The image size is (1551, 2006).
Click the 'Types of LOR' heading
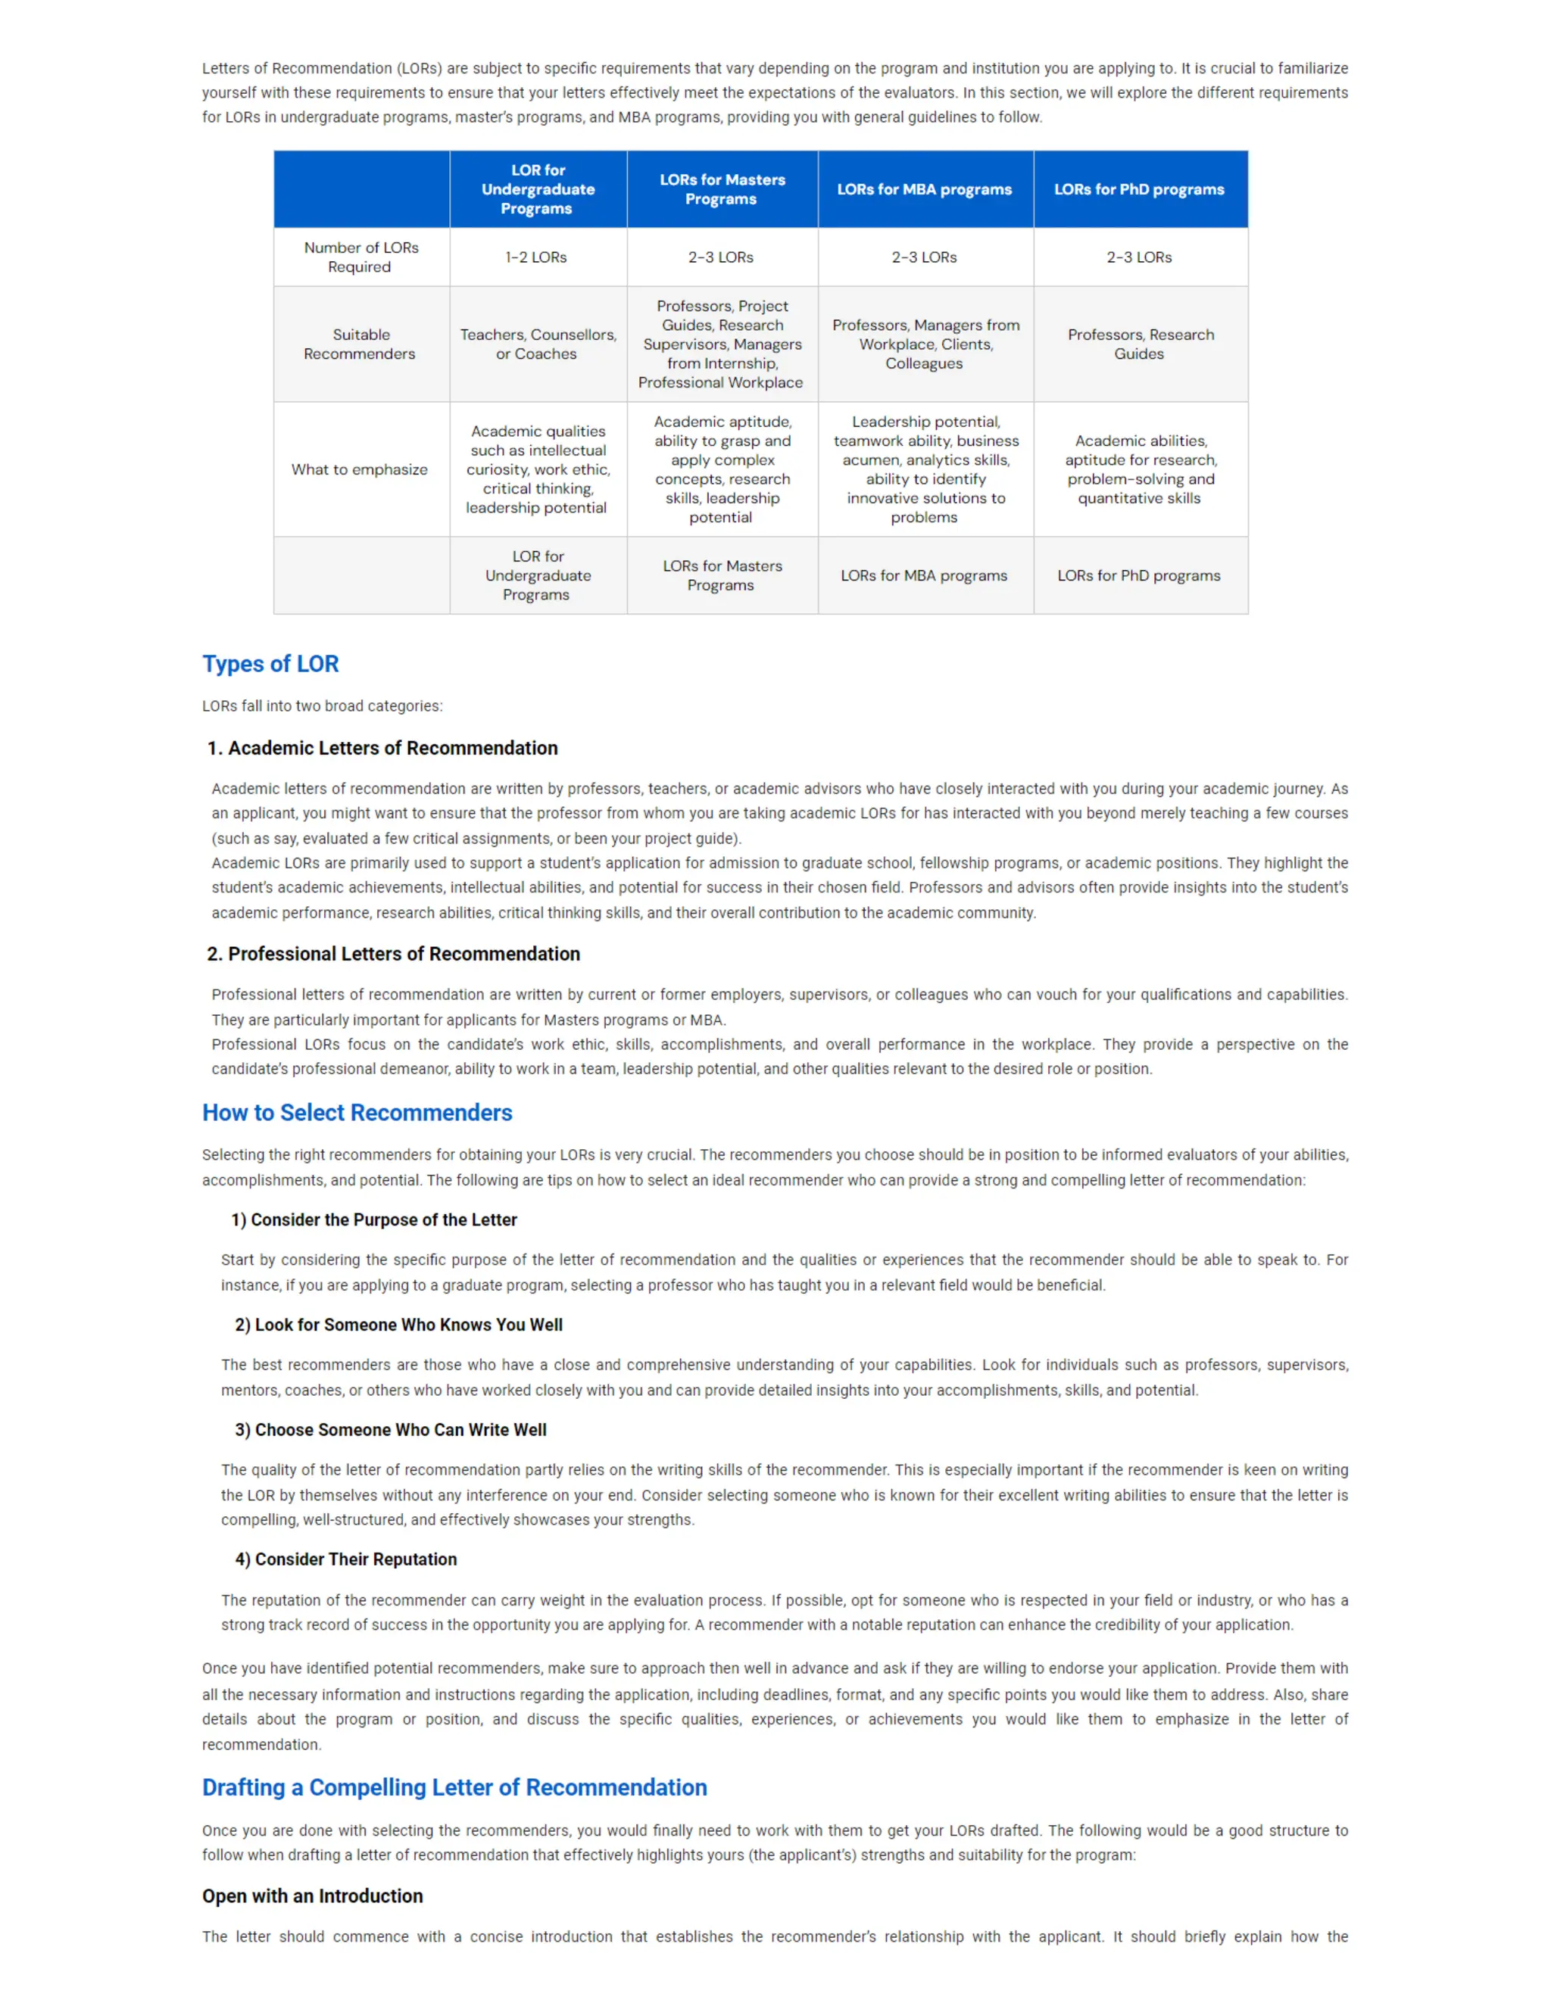270,664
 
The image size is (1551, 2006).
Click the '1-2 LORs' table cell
537,257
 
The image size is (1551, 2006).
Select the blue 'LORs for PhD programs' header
1138,189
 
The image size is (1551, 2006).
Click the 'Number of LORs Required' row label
360,257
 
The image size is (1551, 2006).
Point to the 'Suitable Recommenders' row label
360,344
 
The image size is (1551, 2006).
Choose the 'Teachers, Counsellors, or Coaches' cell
538,344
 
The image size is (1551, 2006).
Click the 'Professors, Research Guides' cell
1139,344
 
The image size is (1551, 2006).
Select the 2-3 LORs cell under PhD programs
1138,257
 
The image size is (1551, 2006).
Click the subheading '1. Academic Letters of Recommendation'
382,749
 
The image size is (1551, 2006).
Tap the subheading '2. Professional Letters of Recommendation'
393,955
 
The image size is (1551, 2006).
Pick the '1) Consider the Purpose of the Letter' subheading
374,1219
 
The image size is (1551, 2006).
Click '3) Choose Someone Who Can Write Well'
391,1430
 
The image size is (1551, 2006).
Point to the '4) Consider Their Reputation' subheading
345,1559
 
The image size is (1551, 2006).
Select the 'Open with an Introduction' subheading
313,1897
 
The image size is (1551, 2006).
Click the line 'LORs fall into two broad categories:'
322,706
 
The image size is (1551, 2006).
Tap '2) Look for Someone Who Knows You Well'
399,1325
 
